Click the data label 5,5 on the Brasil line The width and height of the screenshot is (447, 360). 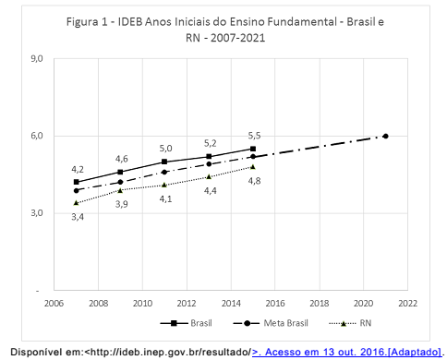click(x=253, y=136)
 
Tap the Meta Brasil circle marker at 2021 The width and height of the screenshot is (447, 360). click(x=385, y=136)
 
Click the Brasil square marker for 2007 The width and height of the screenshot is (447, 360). click(x=77, y=182)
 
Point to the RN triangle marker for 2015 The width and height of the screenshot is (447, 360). click(x=253, y=166)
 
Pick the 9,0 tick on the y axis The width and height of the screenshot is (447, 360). click(x=38, y=58)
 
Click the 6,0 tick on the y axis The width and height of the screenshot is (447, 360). click(x=38, y=136)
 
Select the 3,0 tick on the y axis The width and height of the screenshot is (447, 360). click(x=38, y=213)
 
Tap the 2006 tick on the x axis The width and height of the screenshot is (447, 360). click(x=54, y=303)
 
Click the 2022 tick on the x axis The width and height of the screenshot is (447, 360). click(x=407, y=303)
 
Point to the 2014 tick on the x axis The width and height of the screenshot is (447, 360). click(x=231, y=303)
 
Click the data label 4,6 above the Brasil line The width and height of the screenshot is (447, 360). click(x=121, y=159)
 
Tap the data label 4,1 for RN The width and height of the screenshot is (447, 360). click(x=165, y=198)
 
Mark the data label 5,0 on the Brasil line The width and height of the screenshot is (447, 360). click(x=165, y=148)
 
